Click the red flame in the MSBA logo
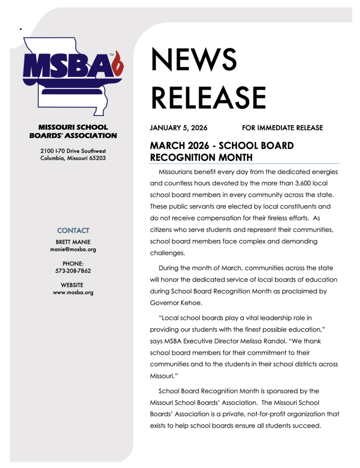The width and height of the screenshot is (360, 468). (119, 64)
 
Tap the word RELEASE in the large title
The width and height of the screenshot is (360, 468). (208, 98)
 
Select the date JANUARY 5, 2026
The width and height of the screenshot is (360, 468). (179, 128)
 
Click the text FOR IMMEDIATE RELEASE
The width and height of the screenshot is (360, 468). (282, 128)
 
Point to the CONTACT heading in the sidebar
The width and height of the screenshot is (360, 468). (73, 230)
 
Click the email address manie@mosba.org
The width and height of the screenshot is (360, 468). (73, 250)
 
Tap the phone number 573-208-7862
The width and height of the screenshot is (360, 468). (73, 271)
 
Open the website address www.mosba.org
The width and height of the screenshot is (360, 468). (73, 292)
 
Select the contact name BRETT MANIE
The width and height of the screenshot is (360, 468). (73, 242)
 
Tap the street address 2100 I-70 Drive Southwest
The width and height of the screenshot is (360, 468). (73, 151)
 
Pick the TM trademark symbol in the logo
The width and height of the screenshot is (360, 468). (111, 55)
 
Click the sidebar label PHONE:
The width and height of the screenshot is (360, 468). (73, 264)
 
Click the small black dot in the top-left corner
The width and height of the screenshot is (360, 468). (21, 29)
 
